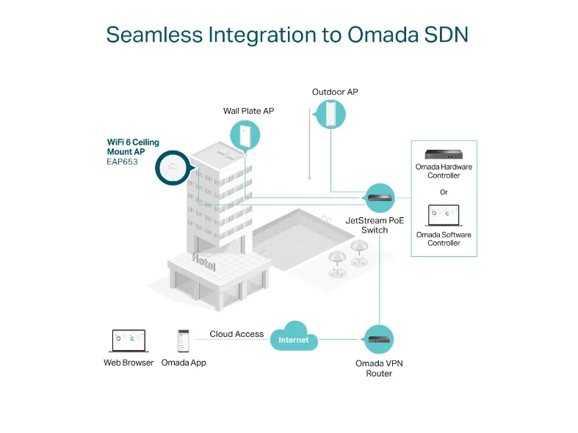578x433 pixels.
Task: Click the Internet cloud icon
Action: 294,339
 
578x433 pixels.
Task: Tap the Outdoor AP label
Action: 335,92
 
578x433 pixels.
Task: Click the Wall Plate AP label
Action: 248,111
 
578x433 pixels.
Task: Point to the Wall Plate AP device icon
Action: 244,137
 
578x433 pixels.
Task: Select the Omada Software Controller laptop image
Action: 444,215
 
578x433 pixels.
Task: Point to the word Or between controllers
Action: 444,192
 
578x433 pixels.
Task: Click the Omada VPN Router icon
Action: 379,338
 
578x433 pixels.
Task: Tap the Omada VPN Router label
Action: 379,368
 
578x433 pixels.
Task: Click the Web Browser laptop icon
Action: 128,341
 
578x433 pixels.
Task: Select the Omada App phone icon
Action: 182,341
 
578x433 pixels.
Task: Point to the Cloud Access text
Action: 236,334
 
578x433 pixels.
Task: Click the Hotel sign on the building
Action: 203,261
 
